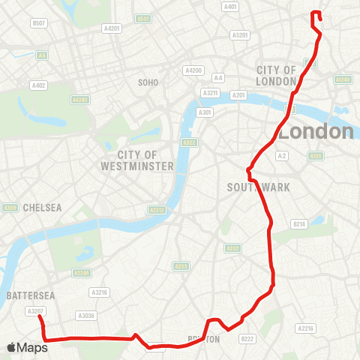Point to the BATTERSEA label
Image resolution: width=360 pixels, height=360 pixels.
click(27, 295)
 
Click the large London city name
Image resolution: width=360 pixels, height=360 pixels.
click(316, 132)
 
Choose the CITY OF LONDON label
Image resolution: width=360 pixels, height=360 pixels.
click(276, 75)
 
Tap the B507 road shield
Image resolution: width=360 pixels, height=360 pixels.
click(38, 24)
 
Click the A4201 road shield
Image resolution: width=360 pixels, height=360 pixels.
click(112, 28)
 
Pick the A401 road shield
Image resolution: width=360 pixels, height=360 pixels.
click(230, 7)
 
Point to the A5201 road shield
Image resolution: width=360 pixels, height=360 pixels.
click(240, 34)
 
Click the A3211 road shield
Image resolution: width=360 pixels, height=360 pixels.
click(209, 93)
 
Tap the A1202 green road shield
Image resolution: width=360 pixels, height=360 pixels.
click(343, 79)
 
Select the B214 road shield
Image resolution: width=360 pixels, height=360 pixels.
click(300, 224)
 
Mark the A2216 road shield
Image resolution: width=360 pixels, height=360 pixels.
click(305, 328)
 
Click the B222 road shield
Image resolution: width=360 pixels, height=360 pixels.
click(247, 339)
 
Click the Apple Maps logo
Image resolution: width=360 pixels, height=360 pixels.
click(28, 347)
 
